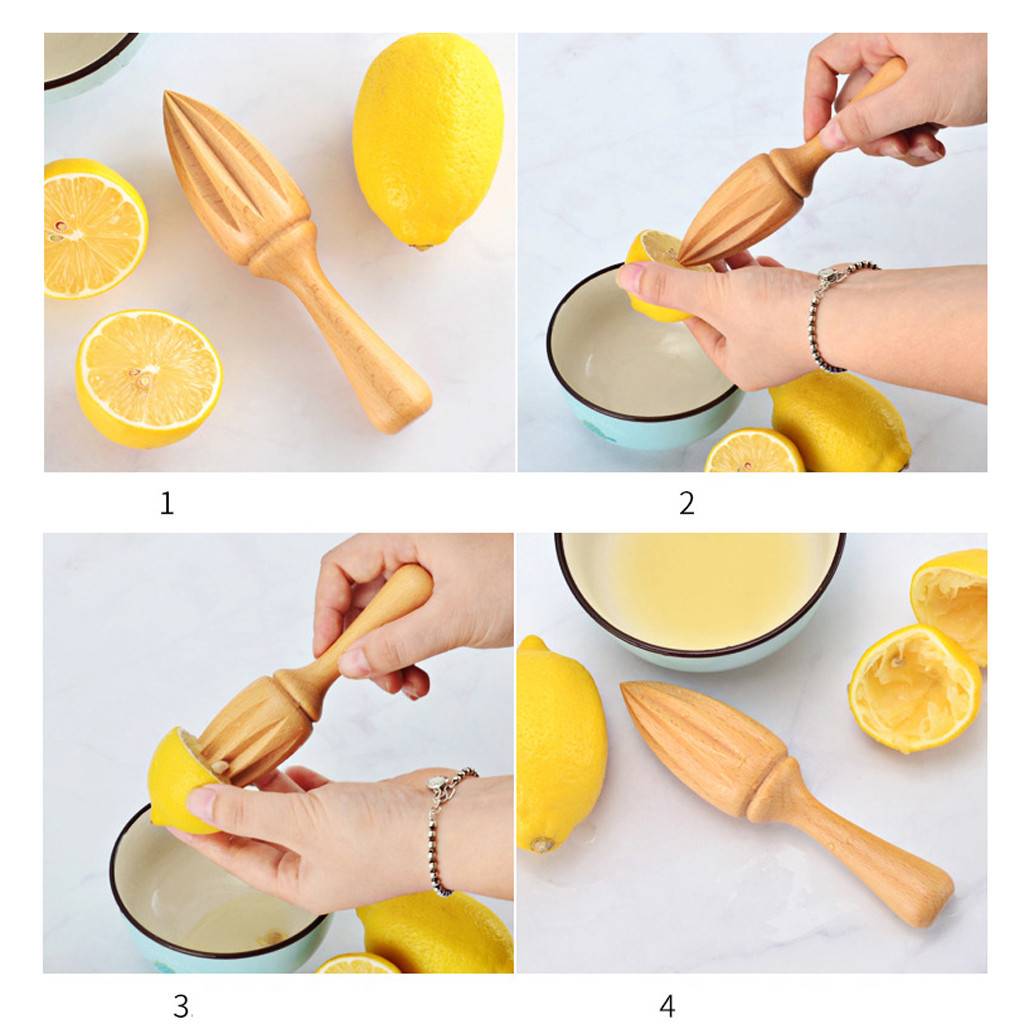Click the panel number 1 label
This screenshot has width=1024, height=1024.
click(x=167, y=504)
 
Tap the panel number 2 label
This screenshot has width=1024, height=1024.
click(x=686, y=504)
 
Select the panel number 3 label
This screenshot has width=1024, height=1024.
click(x=181, y=1006)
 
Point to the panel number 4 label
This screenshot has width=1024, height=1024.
click(x=667, y=1006)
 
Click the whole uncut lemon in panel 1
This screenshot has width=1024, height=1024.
click(x=428, y=141)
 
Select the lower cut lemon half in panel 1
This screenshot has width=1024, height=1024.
click(x=149, y=379)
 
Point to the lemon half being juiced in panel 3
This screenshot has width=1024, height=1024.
click(x=180, y=780)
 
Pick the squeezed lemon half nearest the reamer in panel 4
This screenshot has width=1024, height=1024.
click(x=914, y=689)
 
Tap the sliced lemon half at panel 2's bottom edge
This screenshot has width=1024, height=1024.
click(x=754, y=452)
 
